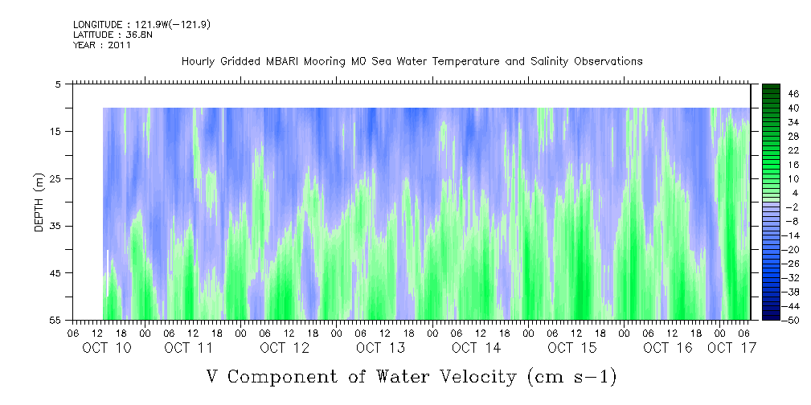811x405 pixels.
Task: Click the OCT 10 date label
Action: pos(107,348)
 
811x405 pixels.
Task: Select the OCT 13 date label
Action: pos(380,348)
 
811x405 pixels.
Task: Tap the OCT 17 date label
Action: pos(731,348)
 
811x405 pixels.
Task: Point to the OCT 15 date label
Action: pos(572,348)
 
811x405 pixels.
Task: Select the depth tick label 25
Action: pos(55,179)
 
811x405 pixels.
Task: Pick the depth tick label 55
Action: pos(55,320)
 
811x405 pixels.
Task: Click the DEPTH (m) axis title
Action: pos(39,202)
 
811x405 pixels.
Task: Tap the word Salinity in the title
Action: pos(551,62)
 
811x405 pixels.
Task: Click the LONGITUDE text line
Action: pos(141,24)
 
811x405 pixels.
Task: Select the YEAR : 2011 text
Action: pos(102,45)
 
